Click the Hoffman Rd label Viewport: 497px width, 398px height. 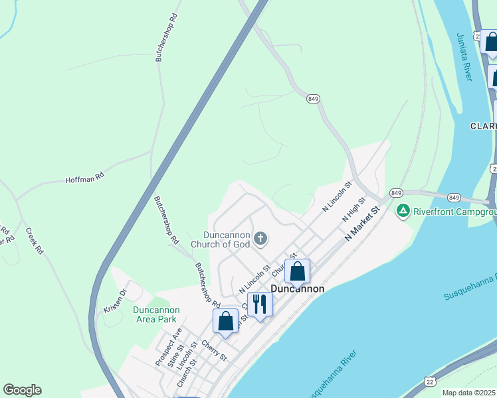[84, 178]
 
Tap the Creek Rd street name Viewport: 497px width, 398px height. [35, 241]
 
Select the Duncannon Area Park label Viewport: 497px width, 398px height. [155, 314]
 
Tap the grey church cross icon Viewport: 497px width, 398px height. [261, 238]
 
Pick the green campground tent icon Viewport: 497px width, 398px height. [402, 212]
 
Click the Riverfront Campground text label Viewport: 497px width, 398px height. [454, 212]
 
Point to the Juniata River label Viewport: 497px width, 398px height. [464, 57]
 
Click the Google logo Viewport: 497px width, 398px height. [22, 390]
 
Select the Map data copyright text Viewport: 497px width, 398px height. [469, 393]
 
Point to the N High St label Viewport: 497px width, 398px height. [354, 209]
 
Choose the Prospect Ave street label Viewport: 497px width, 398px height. [168, 347]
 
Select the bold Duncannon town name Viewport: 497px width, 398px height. [298, 289]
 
